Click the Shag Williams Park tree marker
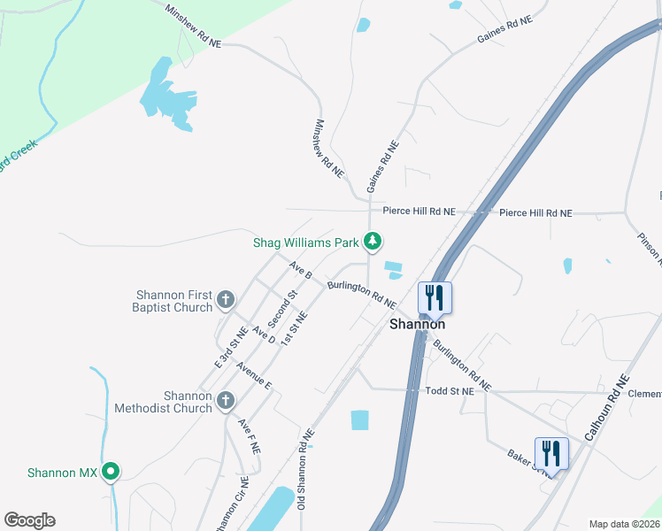(373, 241)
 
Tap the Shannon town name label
(417, 325)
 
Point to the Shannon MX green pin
(111, 473)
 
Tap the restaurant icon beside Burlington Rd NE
(434, 297)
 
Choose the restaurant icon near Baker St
(550, 453)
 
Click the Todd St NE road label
(450, 390)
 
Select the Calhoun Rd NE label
(606, 408)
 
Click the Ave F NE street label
(249, 436)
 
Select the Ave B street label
(301, 269)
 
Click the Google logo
(29, 520)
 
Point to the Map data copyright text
(623, 524)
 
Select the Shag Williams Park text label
(306, 241)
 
